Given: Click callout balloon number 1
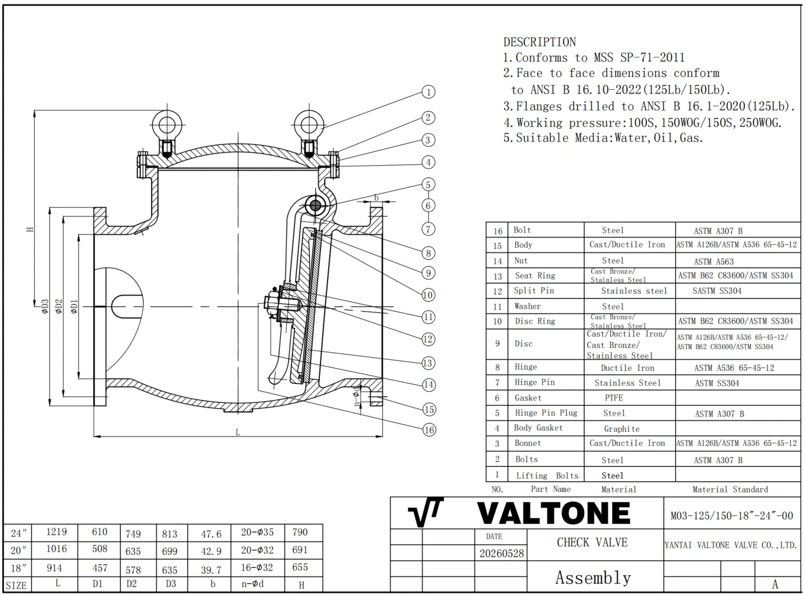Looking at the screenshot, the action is (428, 92).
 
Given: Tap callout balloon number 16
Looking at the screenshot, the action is (429, 430).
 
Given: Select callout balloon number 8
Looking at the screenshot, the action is (428, 253).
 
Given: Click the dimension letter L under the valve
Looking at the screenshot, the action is (238, 432).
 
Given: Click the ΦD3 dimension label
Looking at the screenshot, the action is (44, 306).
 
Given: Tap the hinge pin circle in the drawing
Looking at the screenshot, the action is (315, 206).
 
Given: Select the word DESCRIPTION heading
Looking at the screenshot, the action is (539, 42).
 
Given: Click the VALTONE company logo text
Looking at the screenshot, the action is (554, 513).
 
